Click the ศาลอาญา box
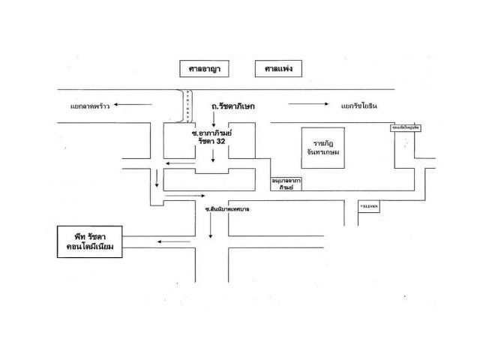204,69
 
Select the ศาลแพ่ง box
278,69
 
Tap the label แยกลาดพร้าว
90,106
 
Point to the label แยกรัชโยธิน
359,106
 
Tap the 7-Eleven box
369,206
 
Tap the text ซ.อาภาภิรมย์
212,130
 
